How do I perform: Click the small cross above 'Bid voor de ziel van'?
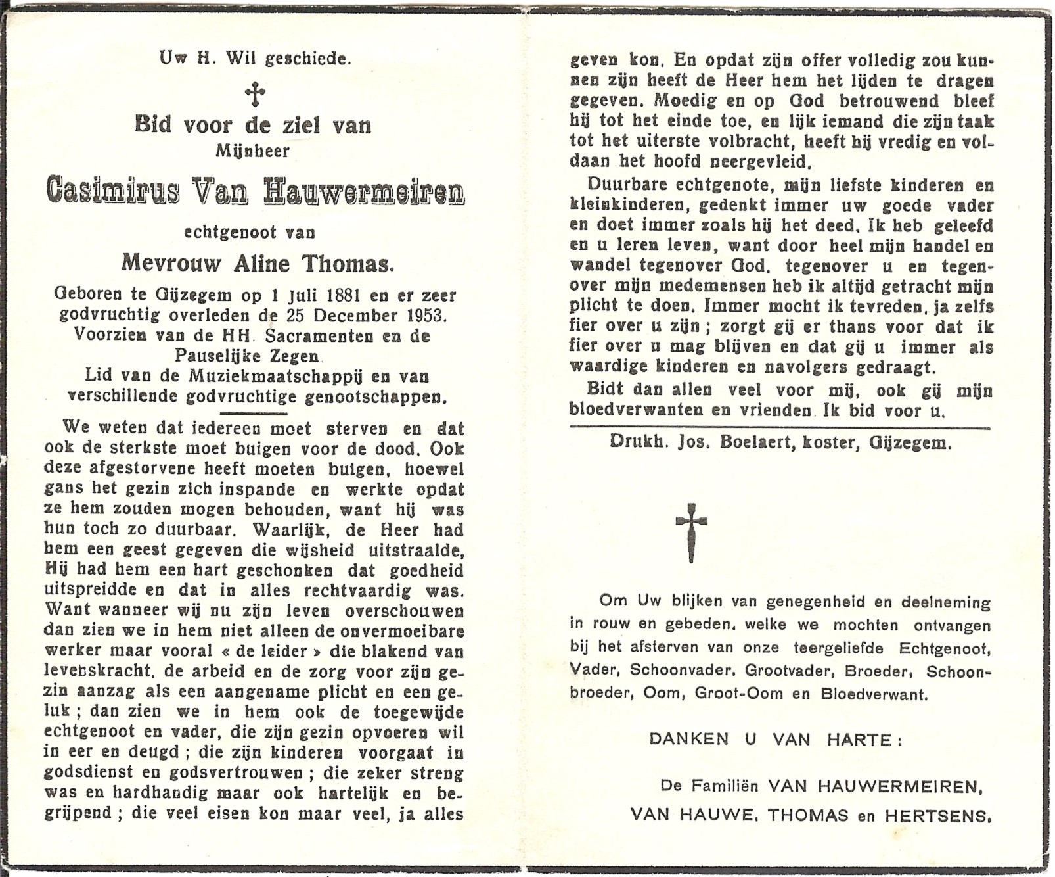coord(255,94)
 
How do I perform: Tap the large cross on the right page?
coord(691,532)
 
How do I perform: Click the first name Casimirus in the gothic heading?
coord(112,191)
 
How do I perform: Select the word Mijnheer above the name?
coord(253,151)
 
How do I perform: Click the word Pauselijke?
coord(212,356)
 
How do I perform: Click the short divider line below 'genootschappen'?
coord(254,414)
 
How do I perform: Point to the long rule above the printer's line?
coord(780,429)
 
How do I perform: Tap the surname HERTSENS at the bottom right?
coord(937,816)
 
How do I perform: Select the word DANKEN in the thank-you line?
coord(688,739)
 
